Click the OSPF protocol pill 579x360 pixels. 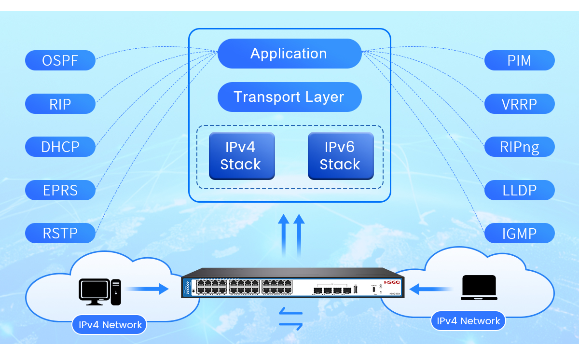[x=60, y=61]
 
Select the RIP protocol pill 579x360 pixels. [x=60, y=104]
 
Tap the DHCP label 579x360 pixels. [x=60, y=146]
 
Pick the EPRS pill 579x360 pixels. [x=60, y=190]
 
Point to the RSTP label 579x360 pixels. [x=60, y=233]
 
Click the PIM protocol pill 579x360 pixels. [x=519, y=61]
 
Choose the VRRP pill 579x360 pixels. [x=519, y=104]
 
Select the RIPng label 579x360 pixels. [x=519, y=147]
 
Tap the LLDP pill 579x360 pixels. [x=519, y=190]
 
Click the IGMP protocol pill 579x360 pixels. [x=519, y=233]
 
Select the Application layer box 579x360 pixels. [x=289, y=54]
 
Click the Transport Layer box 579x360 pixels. [x=289, y=97]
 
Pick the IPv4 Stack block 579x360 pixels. [x=241, y=155]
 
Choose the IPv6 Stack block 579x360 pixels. [x=340, y=155]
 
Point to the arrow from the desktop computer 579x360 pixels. [x=147, y=289]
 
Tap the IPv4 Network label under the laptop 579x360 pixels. [x=468, y=321]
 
